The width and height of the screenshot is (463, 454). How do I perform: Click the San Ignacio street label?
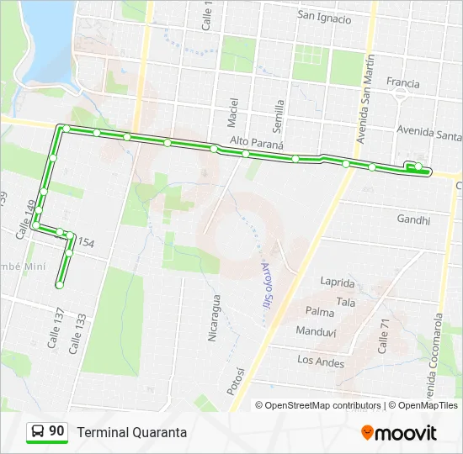click(x=324, y=15)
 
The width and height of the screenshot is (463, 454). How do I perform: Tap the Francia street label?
click(x=402, y=83)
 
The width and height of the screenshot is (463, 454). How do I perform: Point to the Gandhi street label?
click(x=412, y=220)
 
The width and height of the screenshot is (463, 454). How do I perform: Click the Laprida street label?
click(x=337, y=282)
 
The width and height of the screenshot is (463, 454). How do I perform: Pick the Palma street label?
click(x=320, y=311)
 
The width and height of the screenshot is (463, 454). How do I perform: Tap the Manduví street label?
click(x=317, y=331)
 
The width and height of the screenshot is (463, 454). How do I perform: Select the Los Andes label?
click(x=321, y=362)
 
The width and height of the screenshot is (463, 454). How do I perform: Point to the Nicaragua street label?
click(x=213, y=317)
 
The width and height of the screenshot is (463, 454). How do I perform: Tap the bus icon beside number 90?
click(x=38, y=431)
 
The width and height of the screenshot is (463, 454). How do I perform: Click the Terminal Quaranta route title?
click(x=132, y=432)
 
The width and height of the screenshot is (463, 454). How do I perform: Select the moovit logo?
click(x=399, y=432)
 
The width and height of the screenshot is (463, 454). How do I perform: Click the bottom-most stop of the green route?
click(x=60, y=285)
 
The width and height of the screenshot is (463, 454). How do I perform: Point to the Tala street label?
click(x=345, y=301)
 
